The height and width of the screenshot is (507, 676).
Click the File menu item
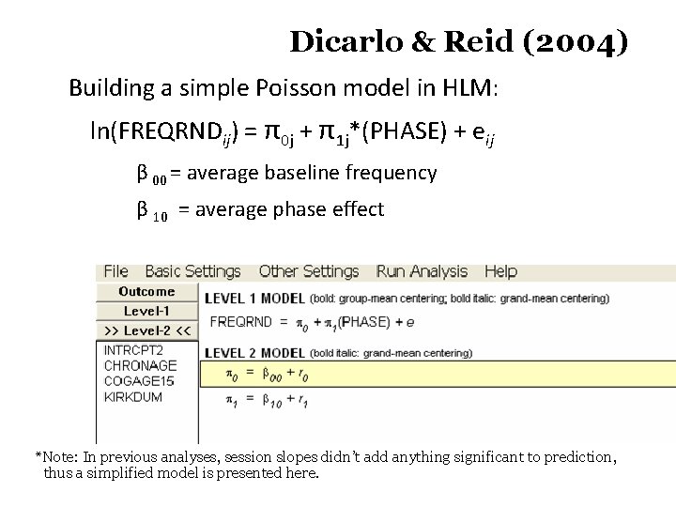click(x=115, y=271)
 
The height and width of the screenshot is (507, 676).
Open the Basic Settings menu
click(x=192, y=271)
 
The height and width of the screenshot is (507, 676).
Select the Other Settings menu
click(x=308, y=271)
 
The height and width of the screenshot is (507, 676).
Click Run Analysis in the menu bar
click(x=422, y=271)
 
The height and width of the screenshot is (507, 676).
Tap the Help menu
click(x=500, y=271)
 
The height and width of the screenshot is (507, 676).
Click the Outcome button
click(x=146, y=292)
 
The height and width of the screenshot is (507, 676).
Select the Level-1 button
click(x=146, y=311)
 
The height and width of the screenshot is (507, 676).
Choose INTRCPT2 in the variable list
click(x=133, y=350)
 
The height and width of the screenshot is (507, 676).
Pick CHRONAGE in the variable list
click(x=140, y=365)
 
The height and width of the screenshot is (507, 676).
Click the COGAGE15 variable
click(x=139, y=381)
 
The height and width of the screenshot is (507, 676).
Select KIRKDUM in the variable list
click(x=132, y=397)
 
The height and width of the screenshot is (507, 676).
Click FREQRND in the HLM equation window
click(x=240, y=322)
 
